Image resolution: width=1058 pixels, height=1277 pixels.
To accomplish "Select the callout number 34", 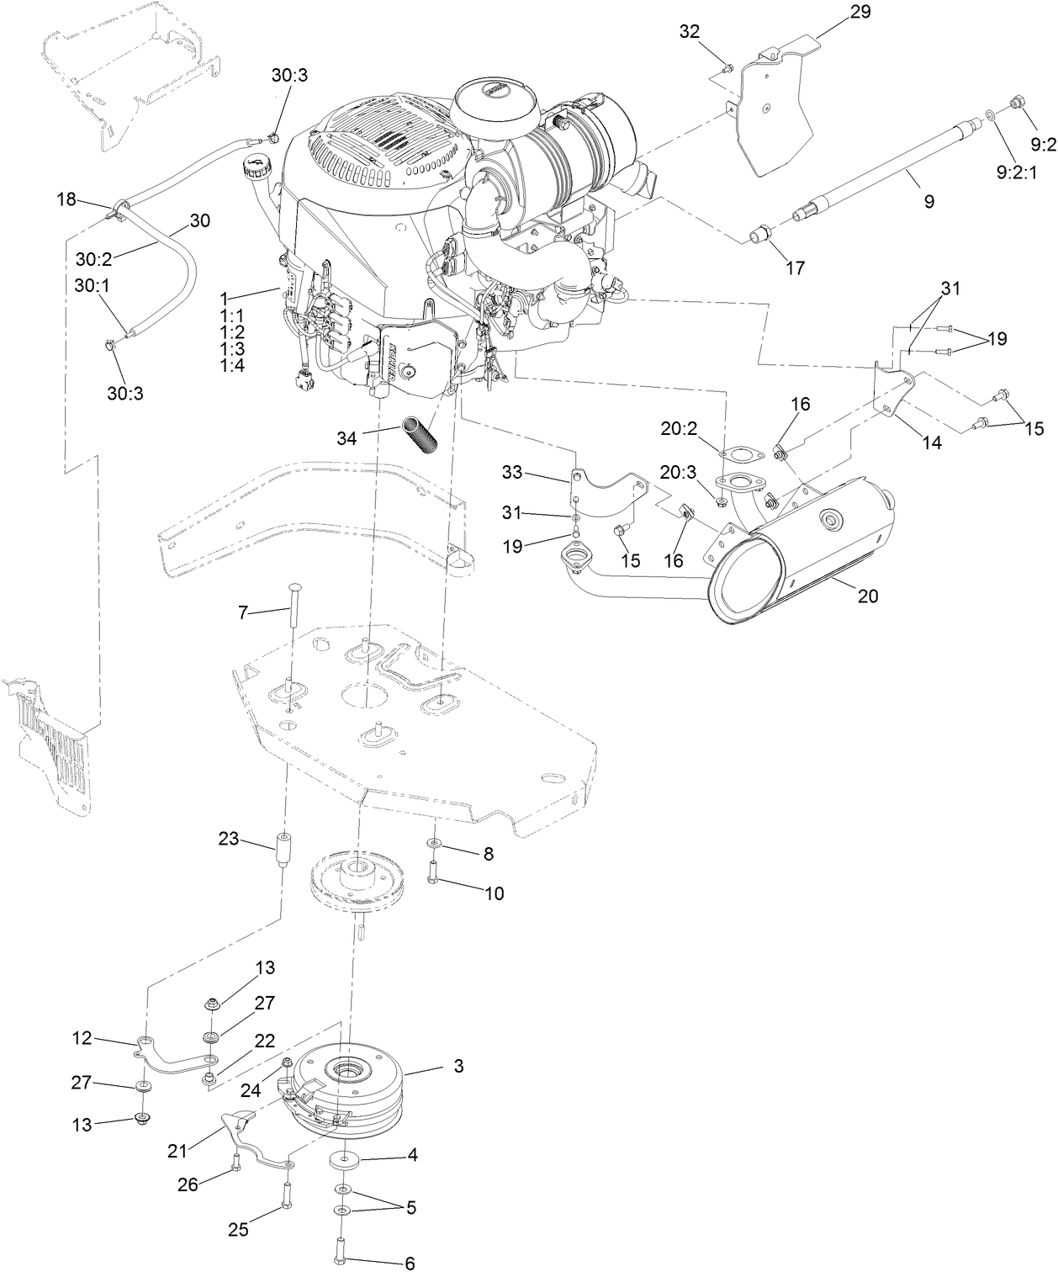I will (346, 437).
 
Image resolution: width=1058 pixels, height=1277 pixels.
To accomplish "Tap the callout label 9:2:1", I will (1016, 172).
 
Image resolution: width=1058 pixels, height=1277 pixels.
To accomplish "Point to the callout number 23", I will (228, 839).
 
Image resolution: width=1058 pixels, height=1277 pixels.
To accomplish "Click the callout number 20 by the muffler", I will (868, 596).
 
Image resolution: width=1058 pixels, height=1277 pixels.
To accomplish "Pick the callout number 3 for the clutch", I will (458, 1067).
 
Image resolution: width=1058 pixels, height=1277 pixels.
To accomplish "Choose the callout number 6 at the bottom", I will (410, 1264).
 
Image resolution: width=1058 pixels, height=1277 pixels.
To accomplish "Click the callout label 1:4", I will (232, 366).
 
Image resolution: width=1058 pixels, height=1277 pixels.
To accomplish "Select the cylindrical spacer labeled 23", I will (284, 855).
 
